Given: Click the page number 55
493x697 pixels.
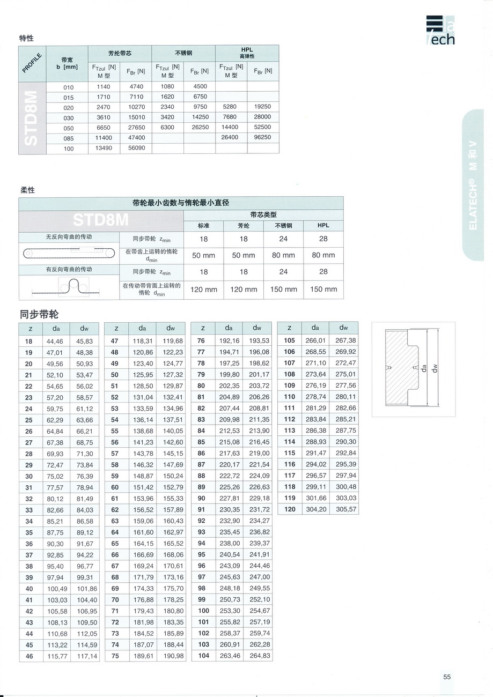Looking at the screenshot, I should tap(447, 677).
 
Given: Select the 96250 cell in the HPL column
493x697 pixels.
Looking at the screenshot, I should tap(262, 137).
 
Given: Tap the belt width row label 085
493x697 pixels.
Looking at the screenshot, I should tap(68, 138).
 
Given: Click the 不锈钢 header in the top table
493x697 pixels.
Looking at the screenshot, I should tap(183, 53).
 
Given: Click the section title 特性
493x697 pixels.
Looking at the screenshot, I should tap(26, 38).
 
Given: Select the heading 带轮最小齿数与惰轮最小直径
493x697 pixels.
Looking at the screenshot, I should tap(181, 203).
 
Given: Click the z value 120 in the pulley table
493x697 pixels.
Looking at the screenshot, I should tap(290, 509).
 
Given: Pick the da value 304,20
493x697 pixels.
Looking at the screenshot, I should tap(315, 509).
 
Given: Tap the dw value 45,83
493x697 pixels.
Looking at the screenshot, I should tap(84, 341).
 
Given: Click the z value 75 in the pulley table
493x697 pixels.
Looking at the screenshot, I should tap(115, 656).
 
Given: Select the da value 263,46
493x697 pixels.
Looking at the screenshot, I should tap(230, 656).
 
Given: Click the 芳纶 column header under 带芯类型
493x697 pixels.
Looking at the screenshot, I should tap(244, 226).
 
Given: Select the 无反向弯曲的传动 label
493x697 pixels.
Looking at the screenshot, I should tap(69, 236).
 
